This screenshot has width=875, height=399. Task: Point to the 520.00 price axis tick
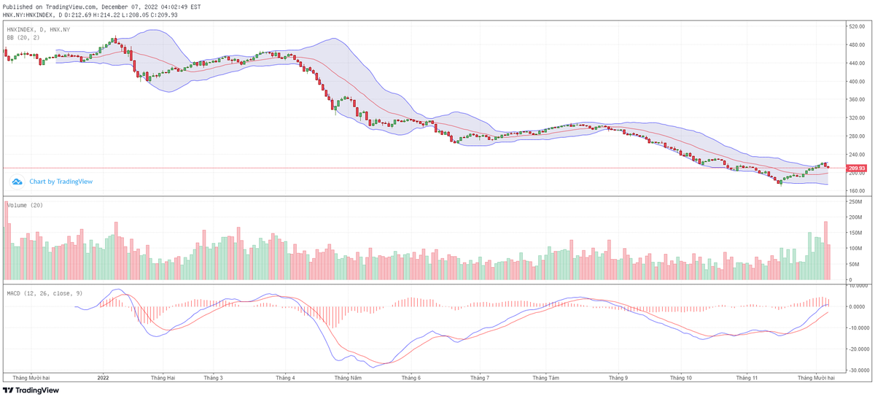(x=856, y=27)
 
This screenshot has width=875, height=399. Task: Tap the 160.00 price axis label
(x=856, y=191)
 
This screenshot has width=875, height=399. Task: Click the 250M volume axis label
(x=855, y=201)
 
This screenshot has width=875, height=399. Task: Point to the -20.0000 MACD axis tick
(x=857, y=349)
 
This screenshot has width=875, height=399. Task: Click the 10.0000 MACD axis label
(x=857, y=286)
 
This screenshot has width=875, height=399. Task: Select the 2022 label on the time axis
(x=103, y=378)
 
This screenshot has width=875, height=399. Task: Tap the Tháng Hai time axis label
(x=163, y=378)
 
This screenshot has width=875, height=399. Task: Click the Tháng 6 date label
(x=411, y=378)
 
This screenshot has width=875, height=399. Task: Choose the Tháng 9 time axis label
(x=618, y=378)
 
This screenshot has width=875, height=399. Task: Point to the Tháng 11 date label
(x=747, y=378)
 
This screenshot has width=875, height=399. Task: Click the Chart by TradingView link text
(x=61, y=182)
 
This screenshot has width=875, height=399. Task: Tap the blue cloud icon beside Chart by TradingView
(x=17, y=182)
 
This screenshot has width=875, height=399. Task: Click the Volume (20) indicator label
(x=25, y=205)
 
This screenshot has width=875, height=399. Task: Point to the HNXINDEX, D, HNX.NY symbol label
(x=39, y=29)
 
